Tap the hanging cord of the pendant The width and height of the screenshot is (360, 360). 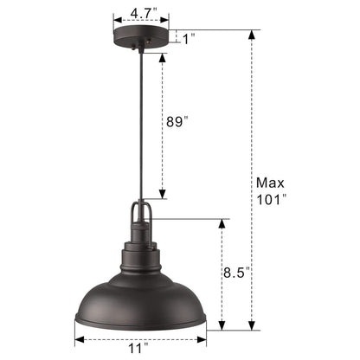140,130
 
